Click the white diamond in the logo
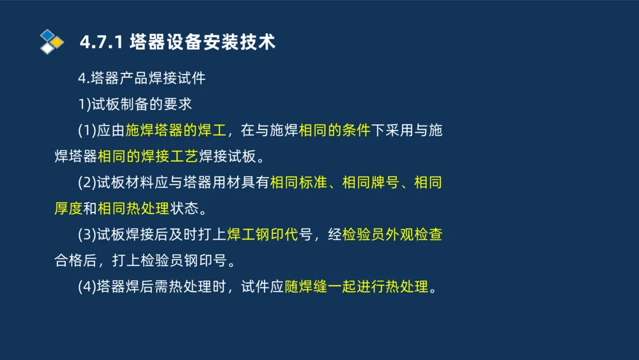(x=47, y=48)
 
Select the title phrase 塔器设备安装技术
(x=202, y=42)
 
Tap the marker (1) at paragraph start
(x=87, y=131)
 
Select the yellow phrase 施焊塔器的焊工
(x=176, y=131)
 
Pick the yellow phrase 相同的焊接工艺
(x=148, y=157)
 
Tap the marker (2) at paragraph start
(x=87, y=183)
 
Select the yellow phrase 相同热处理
(x=133, y=209)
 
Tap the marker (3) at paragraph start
(x=87, y=235)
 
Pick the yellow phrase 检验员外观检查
(x=392, y=235)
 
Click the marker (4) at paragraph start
(x=87, y=287)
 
